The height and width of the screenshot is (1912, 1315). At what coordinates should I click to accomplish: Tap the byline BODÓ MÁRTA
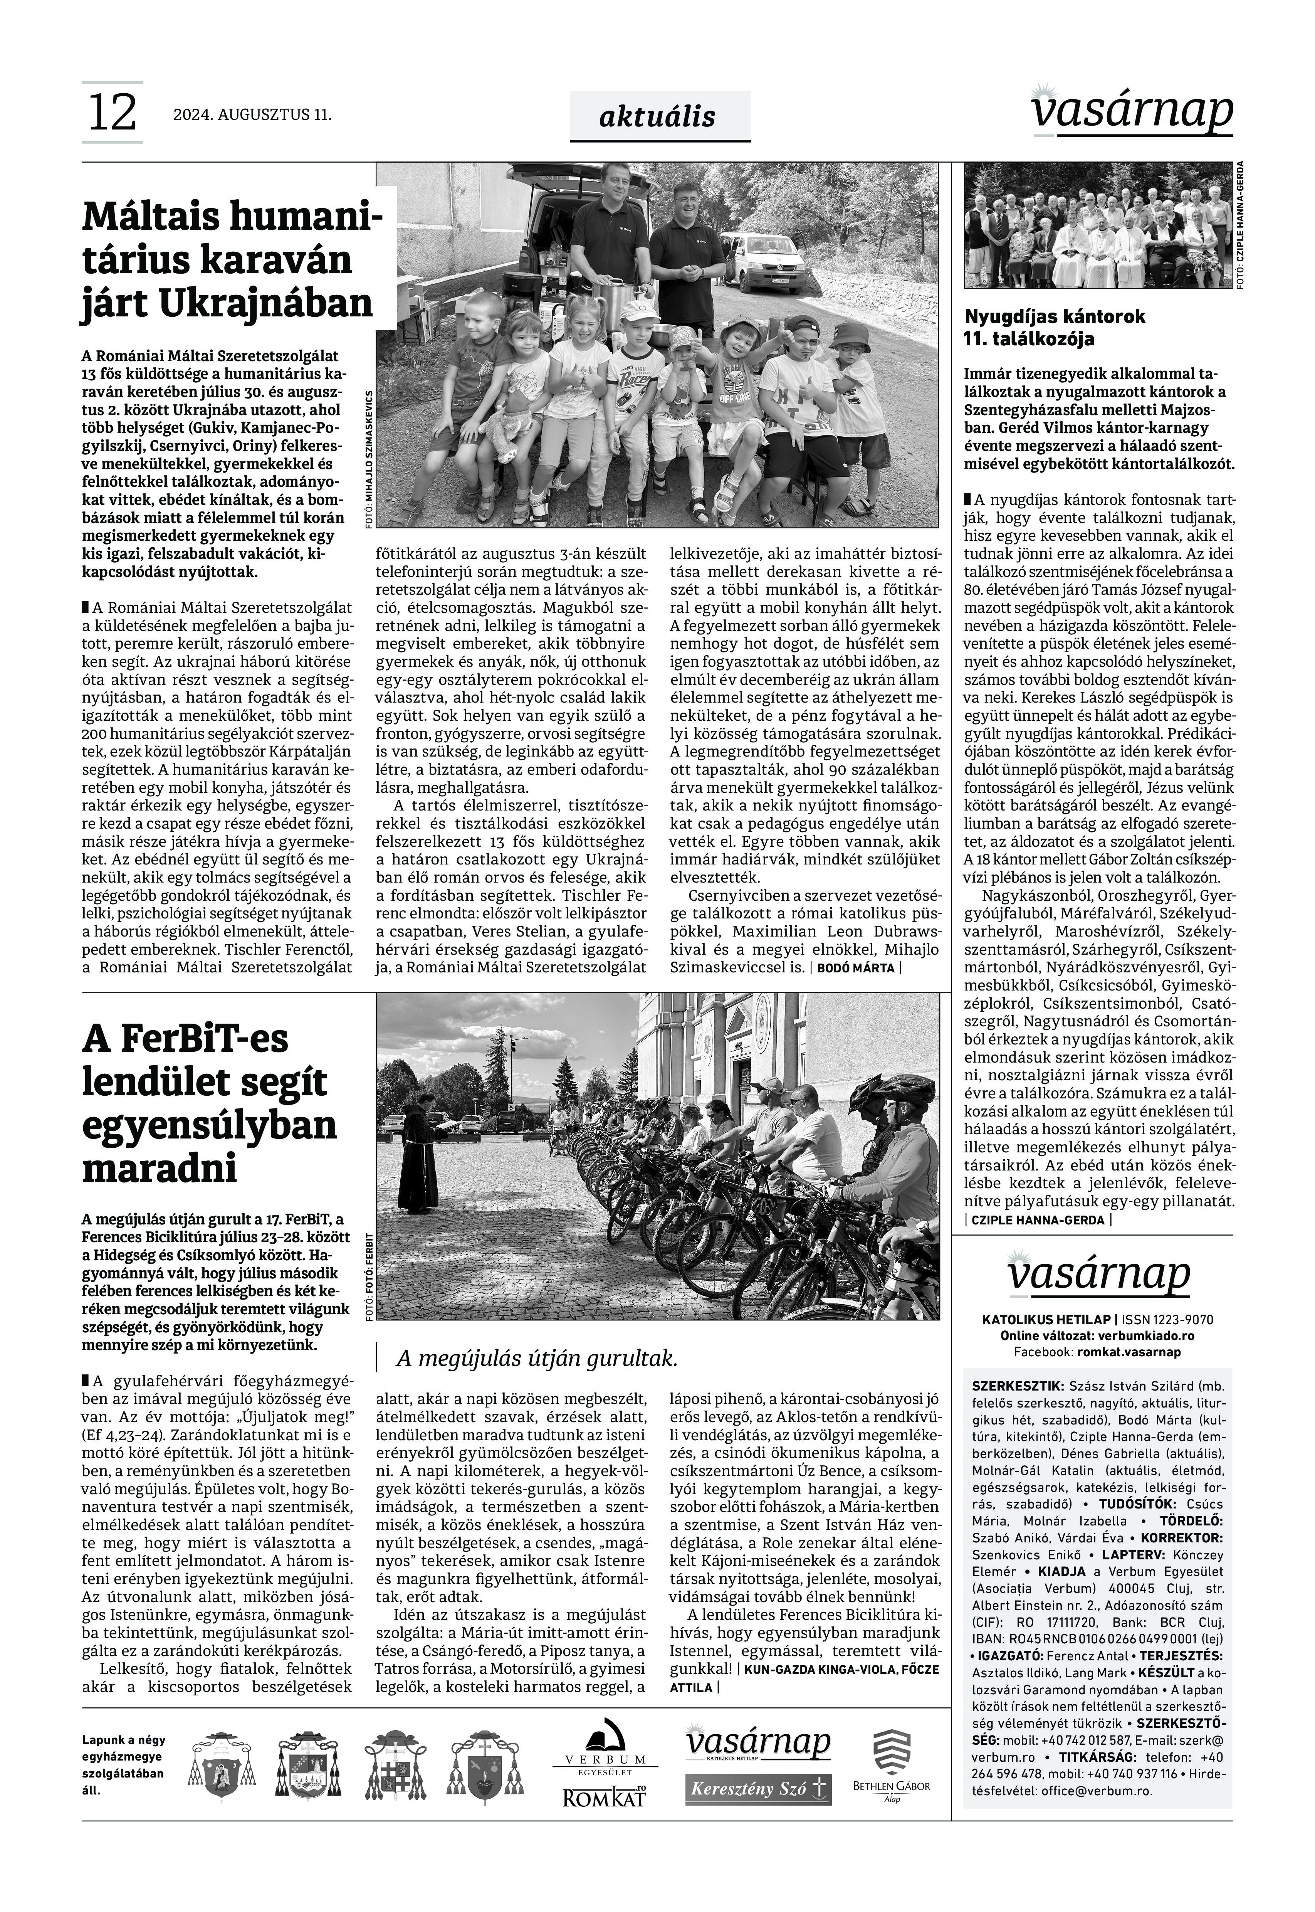tap(855, 967)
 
